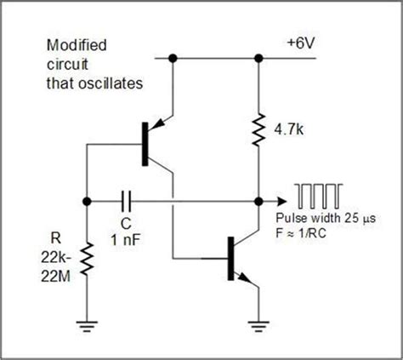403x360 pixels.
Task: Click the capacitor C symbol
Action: click(127, 203)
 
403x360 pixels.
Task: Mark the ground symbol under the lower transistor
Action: click(258, 323)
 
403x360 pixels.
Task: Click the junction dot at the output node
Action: click(258, 203)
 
